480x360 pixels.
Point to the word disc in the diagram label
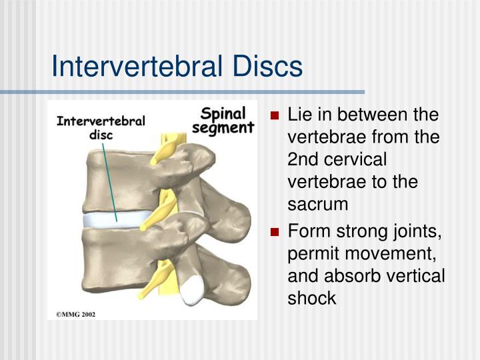[101, 135]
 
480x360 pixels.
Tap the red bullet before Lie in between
[275, 116]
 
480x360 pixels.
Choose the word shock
[311, 298]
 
